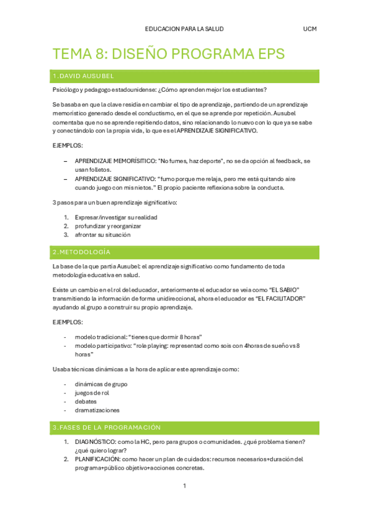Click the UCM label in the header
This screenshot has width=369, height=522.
click(x=310, y=29)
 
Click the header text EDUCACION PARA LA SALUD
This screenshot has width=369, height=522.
click(x=184, y=29)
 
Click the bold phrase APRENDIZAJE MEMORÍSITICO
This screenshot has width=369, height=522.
click(x=115, y=161)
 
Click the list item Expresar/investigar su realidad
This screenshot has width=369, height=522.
click(x=116, y=217)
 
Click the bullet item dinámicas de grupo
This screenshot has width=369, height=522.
click(x=101, y=384)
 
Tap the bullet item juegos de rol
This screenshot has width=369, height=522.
click(x=92, y=393)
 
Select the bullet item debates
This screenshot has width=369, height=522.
click(x=86, y=401)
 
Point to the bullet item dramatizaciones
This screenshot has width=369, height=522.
click(x=97, y=410)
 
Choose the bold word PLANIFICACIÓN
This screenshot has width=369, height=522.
click(x=98, y=459)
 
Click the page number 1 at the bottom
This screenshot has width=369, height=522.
click(x=184, y=486)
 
